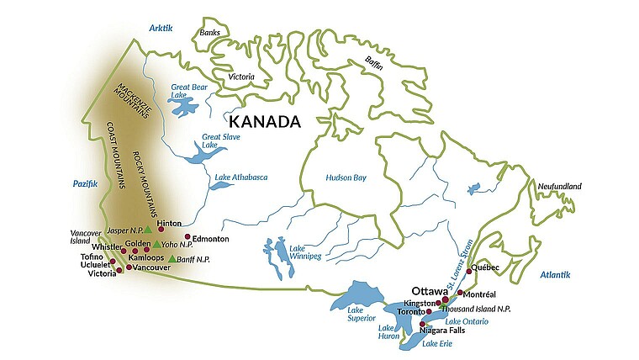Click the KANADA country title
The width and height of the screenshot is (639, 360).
click(x=264, y=122)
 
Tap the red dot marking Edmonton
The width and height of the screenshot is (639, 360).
click(x=187, y=237)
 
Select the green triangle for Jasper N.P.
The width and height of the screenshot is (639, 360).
click(x=148, y=229)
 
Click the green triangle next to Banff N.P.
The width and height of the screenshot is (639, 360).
click(x=172, y=258)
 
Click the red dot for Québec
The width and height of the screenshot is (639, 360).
click(x=469, y=273)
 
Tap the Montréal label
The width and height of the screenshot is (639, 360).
click(x=479, y=294)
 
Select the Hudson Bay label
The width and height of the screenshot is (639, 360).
click(x=346, y=178)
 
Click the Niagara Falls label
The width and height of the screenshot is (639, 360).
click(x=442, y=331)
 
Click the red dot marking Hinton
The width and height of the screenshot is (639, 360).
click(x=161, y=228)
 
